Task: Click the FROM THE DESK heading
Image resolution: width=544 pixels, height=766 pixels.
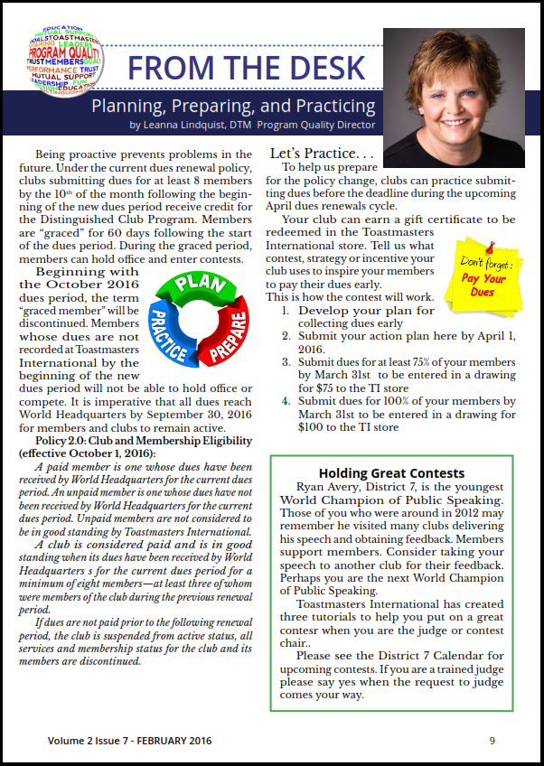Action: click(x=245, y=67)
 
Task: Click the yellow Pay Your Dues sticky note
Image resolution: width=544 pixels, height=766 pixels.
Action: click(x=485, y=271)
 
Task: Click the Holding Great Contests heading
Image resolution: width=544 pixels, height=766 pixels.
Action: click(x=391, y=472)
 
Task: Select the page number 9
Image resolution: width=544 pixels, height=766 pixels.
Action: click(x=492, y=741)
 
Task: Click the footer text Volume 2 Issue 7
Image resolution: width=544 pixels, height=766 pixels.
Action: click(x=89, y=741)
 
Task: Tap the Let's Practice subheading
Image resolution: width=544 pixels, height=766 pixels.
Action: click(x=321, y=154)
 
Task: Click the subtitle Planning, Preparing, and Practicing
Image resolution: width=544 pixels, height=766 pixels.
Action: click(x=233, y=106)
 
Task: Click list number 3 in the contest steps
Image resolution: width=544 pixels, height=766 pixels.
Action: click(x=286, y=360)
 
